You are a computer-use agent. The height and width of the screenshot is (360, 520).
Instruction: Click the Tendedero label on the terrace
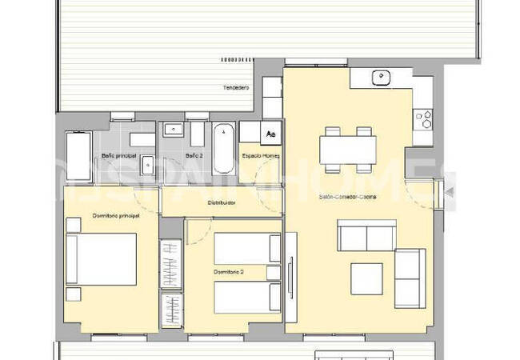point(236,87)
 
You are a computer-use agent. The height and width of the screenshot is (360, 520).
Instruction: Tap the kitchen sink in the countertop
point(381,77)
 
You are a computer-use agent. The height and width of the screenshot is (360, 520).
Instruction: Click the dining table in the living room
point(349,149)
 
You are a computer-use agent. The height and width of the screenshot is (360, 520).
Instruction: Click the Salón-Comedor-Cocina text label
point(348,196)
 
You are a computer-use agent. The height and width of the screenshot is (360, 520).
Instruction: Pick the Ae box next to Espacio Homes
point(271,134)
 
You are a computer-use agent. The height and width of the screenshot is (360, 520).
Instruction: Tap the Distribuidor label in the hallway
point(222,203)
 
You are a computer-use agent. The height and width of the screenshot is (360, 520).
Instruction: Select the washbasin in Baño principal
point(147,165)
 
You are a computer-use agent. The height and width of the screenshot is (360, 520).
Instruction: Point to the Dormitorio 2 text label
point(228,273)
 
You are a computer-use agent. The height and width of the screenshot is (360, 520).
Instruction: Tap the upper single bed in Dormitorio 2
point(247,246)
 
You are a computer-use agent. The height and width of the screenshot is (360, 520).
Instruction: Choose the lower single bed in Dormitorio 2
point(247,296)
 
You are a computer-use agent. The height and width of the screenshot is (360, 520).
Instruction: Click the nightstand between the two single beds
point(274,272)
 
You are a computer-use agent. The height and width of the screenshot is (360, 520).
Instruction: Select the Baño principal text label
point(118,154)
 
